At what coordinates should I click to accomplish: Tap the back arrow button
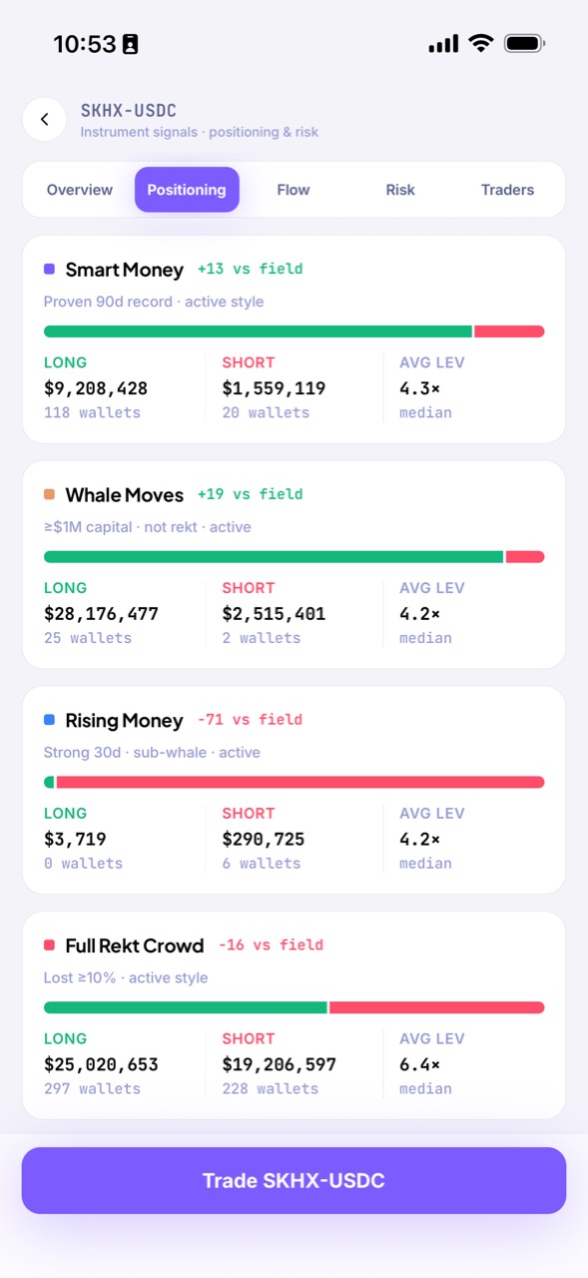[x=45, y=119]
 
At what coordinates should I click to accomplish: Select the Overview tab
[x=79, y=190]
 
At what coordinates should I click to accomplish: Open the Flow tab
[x=294, y=190]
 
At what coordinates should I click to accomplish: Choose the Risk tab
[x=400, y=190]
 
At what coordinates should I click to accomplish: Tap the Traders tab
[x=507, y=190]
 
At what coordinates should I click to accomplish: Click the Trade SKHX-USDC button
[x=294, y=1180]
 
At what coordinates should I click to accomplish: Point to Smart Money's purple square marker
[x=50, y=269]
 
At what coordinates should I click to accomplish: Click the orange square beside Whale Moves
[x=50, y=494]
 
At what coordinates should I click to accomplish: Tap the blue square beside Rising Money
[x=50, y=720]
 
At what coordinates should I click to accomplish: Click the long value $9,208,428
[x=96, y=388]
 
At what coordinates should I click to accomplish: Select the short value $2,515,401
[x=274, y=614]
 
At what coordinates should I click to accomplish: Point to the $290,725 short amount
[x=264, y=840]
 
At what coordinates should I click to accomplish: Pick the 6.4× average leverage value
[x=419, y=1064]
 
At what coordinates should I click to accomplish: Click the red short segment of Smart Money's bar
[x=509, y=331]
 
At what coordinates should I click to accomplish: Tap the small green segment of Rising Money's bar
[x=49, y=782]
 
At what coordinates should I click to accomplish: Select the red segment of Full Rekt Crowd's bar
[x=437, y=1007]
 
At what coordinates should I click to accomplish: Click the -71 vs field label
[x=250, y=720]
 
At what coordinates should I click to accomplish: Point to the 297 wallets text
[x=93, y=1088]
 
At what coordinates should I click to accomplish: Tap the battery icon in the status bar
[x=525, y=43]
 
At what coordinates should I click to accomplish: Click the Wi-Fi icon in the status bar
[x=481, y=43]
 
